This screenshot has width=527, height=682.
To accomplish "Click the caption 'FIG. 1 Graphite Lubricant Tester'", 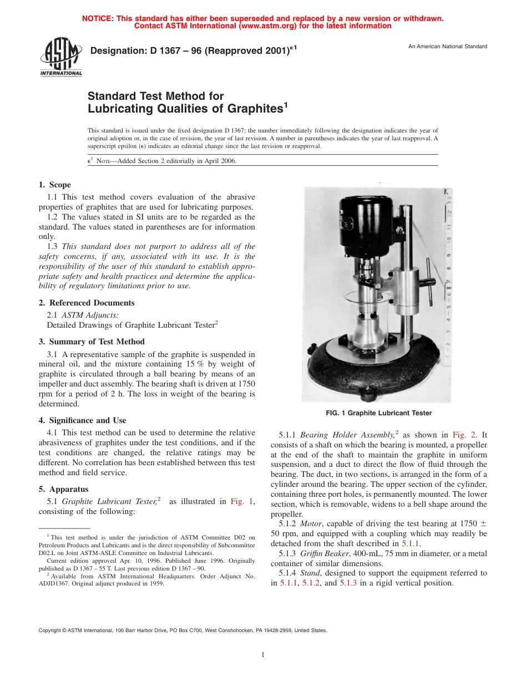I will pos(378,413).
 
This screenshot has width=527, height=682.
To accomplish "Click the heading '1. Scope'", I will pos(54,185).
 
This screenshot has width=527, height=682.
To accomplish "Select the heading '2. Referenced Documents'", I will pos(86,303).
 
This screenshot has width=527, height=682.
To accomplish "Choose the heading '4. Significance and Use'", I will pos(82,420).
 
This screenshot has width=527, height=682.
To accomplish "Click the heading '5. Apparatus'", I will pos(63,489).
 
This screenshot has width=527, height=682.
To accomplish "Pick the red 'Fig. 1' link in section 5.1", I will pos(242,501).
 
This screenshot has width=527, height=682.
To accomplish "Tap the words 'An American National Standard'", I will pos(447,47).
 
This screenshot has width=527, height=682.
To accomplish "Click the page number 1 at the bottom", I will pos(263,655).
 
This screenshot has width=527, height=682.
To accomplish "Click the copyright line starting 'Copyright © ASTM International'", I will pos(183,630).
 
